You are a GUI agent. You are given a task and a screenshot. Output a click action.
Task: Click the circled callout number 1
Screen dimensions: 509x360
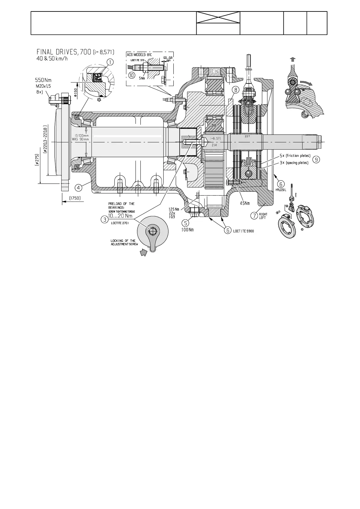tap(110, 62)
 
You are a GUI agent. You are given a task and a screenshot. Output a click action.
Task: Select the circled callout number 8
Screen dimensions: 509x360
tap(236, 90)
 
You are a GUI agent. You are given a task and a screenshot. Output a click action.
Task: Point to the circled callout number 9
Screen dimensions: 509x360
tap(316, 159)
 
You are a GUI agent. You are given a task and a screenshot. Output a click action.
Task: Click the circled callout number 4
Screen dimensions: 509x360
tap(78, 188)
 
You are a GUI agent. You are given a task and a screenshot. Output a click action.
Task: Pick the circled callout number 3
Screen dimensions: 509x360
tap(104, 220)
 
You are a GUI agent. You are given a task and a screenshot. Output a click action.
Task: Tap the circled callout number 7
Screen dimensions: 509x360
tap(254, 216)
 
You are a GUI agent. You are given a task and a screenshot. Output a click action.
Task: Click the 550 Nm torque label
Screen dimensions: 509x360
tap(43, 80)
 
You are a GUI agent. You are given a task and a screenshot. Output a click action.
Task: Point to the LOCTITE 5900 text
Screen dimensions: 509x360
tap(244, 231)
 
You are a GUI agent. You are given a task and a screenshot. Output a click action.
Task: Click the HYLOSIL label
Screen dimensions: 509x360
tap(281, 190)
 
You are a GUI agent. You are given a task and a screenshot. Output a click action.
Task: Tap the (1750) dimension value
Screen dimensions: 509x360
tap(74, 198)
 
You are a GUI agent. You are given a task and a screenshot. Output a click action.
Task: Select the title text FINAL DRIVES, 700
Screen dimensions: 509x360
tap(64, 53)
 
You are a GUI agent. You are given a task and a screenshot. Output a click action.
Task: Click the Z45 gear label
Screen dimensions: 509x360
tap(214, 125)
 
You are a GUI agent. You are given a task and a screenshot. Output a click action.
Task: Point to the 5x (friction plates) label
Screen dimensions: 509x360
tap(295, 156)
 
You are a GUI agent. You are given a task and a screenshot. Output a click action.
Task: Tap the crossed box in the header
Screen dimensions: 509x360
tap(218, 18)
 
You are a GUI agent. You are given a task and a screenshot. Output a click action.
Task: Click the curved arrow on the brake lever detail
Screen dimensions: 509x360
tap(306, 83)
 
